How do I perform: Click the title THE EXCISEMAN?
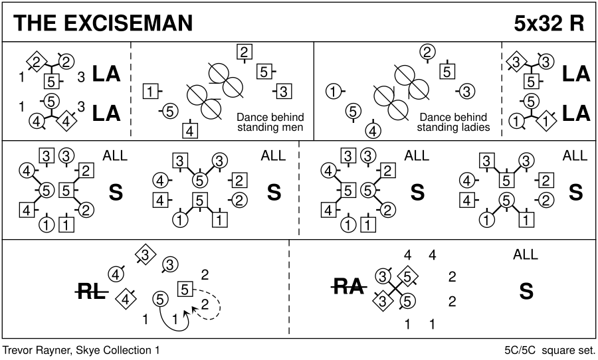(x=103, y=23)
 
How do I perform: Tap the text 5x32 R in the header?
(x=549, y=23)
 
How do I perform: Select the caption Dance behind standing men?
(x=270, y=122)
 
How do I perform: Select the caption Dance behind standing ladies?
(x=454, y=122)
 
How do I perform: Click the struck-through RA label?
(x=348, y=287)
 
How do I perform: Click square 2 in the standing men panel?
(x=245, y=52)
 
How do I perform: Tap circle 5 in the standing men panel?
(x=170, y=111)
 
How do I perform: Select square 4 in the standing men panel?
(x=191, y=130)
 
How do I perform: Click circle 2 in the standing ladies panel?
(x=428, y=52)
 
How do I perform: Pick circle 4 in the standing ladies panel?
(x=373, y=130)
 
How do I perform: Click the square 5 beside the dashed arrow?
(x=186, y=289)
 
